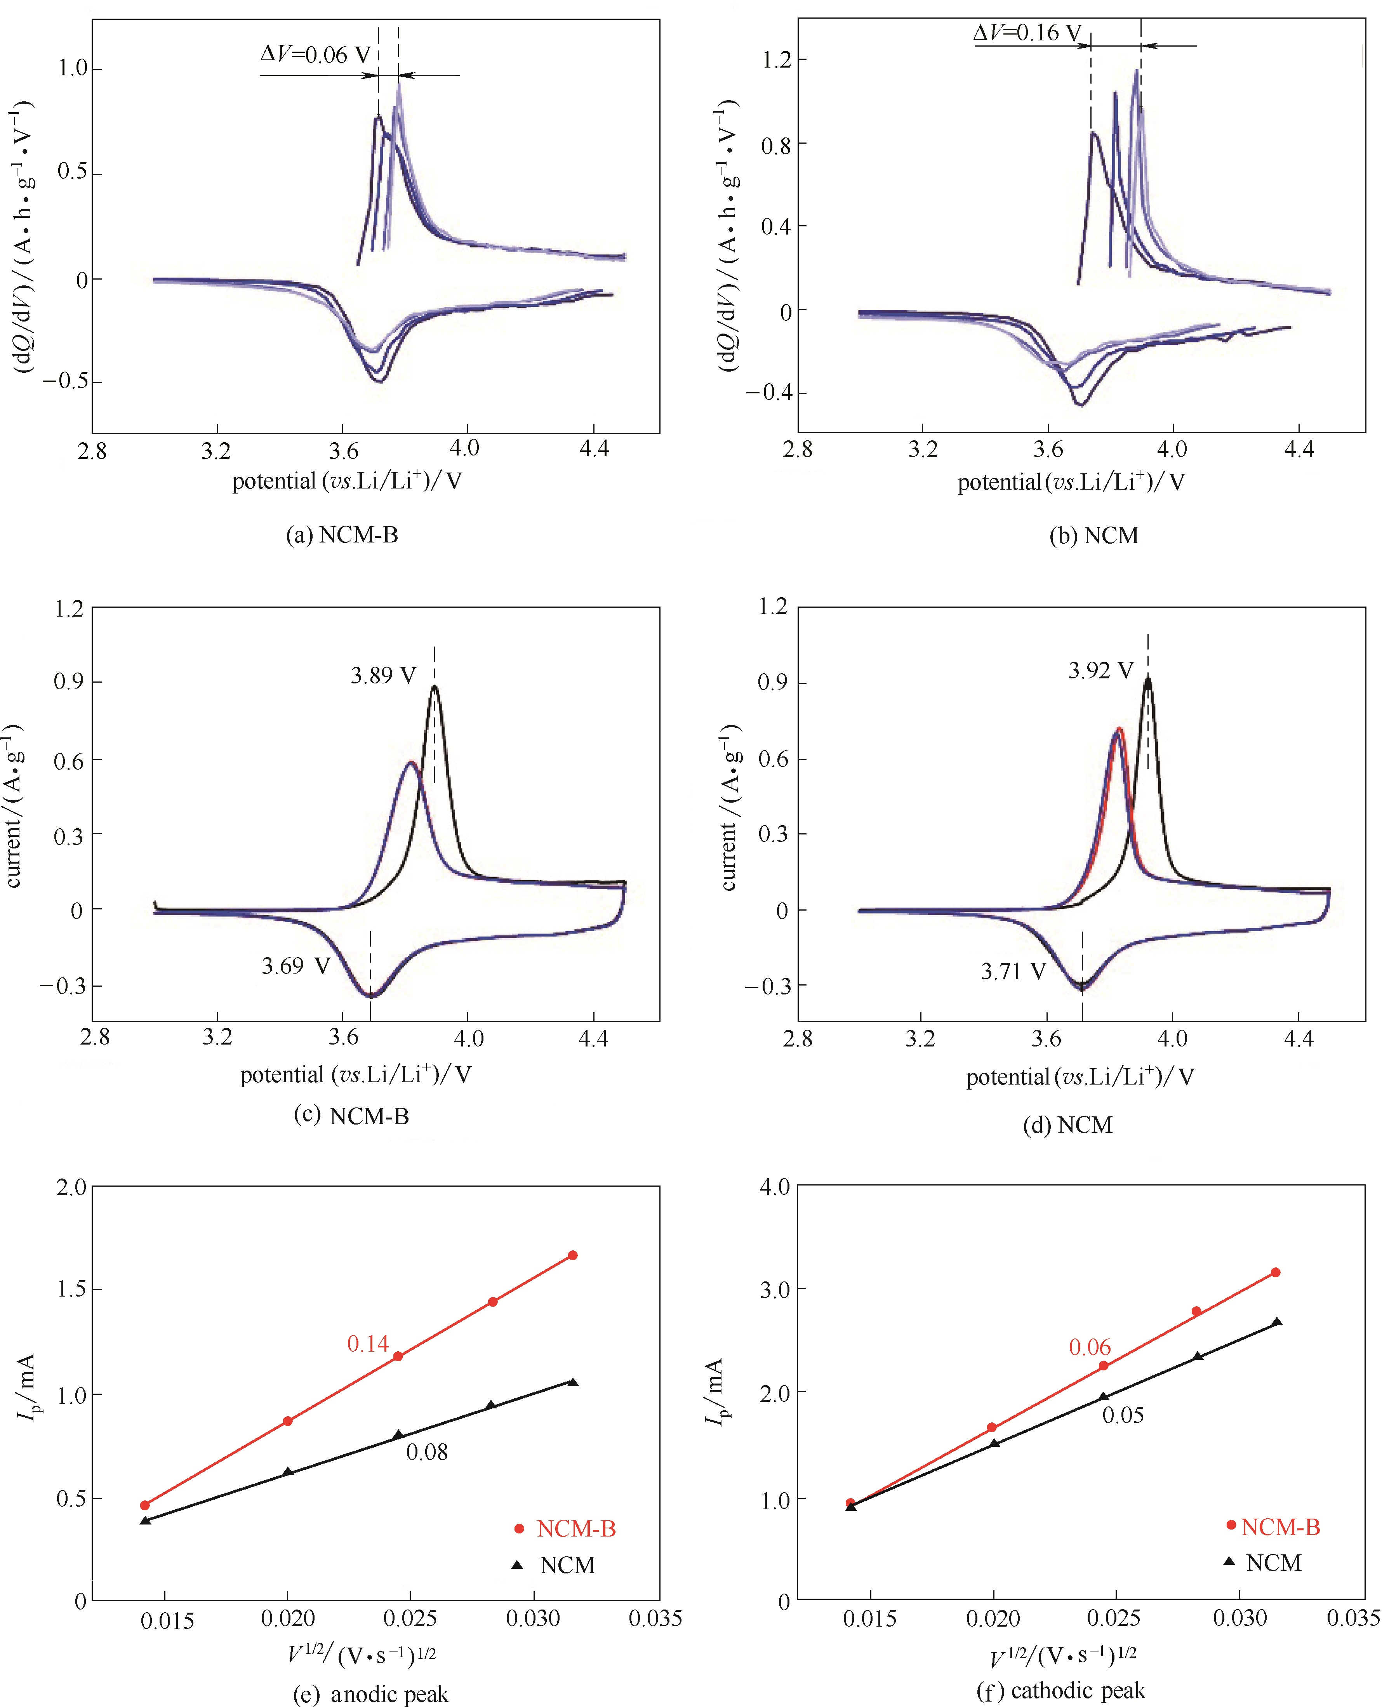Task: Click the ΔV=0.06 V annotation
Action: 315,55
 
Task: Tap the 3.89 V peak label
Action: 383,676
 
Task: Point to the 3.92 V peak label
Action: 1100,670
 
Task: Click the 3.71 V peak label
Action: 1013,971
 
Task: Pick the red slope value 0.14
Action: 368,1344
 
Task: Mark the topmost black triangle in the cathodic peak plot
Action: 1277,1323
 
